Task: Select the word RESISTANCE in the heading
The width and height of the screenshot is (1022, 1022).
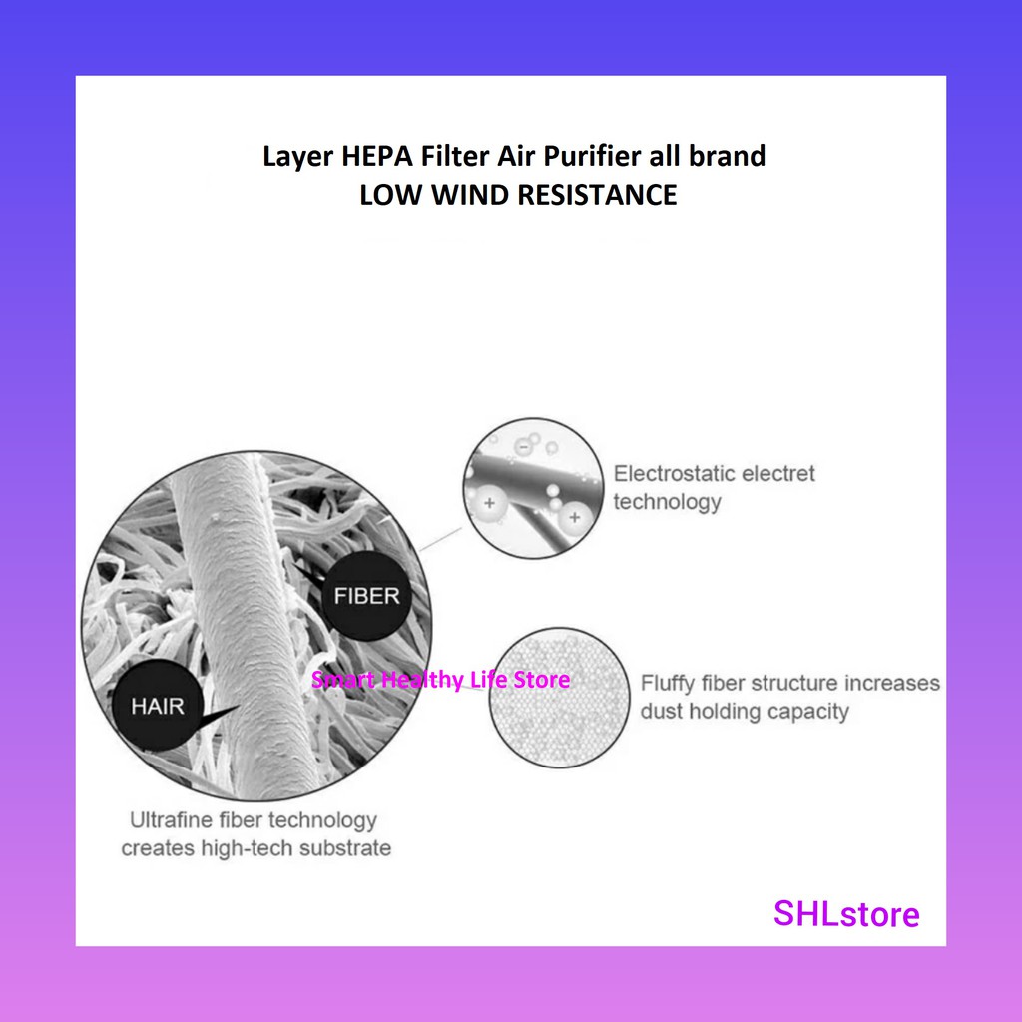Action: pyautogui.click(x=597, y=194)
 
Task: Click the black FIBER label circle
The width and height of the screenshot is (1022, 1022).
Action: pyautogui.click(x=366, y=597)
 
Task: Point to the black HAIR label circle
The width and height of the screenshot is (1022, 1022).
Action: pyautogui.click(x=158, y=706)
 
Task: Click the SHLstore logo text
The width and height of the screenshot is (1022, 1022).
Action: pyautogui.click(x=846, y=913)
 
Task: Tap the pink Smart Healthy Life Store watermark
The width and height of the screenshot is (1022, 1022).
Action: pyautogui.click(x=440, y=680)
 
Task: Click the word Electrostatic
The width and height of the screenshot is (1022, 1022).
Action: pyautogui.click(x=671, y=473)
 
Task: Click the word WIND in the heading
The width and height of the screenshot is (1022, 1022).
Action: pyautogui.click(x=473, y=194)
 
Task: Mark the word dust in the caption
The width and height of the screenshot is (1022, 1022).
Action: pyautogui.click(x=659, y=712)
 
